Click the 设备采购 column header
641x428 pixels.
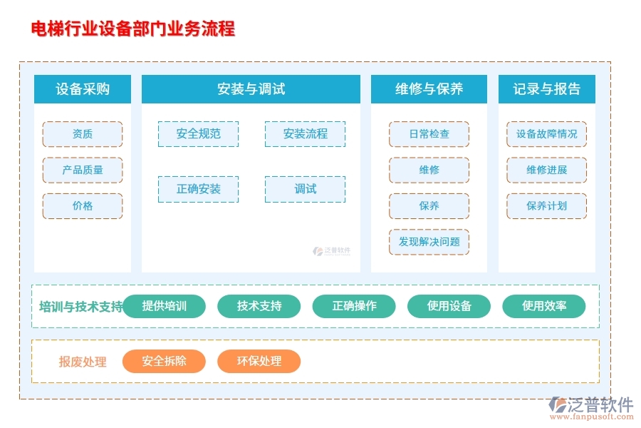click(x=83, y=89)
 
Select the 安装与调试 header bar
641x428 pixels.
click(x=251, y=89)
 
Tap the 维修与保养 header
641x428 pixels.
click(x=429, y=89)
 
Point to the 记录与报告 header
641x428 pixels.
click(x=546, y=89)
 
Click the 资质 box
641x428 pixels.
click(x=83, y=134)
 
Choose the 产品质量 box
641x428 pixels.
click(x=83, y=170)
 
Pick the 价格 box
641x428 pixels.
click(x=83, y=206)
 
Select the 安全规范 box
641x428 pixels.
click(x=198, y=134)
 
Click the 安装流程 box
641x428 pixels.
click(x=305, y=134)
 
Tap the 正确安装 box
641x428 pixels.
click(x=198, y=189)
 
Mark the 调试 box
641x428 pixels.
click(x=305, y=189)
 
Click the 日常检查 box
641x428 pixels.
click(x=429, y=134)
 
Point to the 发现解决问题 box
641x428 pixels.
click(x=429, y=242)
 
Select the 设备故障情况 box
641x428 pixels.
click(x=546, y=134)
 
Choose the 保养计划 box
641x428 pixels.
click(x=546, y=206)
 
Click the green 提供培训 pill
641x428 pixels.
click(x=165, y=306)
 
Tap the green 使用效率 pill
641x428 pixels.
click(x=544, y=306)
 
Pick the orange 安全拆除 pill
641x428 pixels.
click(x=165, y=361)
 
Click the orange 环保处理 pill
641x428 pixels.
click(x=259, y=361)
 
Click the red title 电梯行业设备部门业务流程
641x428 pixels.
click(x=133, y=29)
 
